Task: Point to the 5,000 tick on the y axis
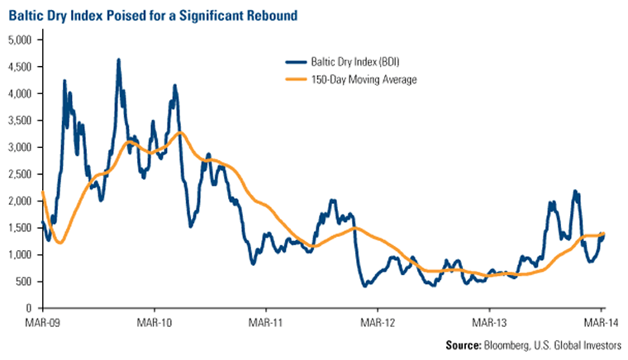coord(19,40)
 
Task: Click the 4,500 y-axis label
coord(19,67)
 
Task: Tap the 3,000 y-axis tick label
coord(19,147)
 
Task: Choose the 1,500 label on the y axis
coord(19,228)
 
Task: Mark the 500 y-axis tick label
coord(22,282)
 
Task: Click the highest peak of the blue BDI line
coord(119,60)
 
